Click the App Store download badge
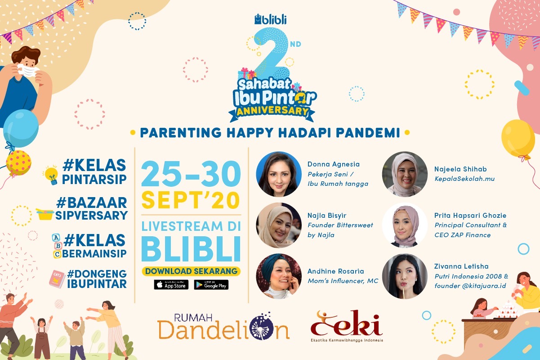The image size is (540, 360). pos(171,285)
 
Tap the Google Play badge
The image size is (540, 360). pos(211,285)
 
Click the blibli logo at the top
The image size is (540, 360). pos(271,19)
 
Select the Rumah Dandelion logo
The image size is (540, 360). pos(223,326)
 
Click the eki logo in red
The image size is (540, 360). pos(347,326)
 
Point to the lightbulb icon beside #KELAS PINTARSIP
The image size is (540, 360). pos(51,175)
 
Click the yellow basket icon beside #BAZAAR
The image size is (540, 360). pos(45,214)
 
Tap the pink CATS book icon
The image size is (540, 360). pos(57,279)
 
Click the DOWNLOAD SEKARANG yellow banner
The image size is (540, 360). pos(191,271)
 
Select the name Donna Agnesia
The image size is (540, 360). pos(334,164)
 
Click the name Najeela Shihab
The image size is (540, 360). pos(460,169)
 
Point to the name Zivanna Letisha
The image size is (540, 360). pos(461,266)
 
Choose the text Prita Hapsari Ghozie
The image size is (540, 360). pos(470,216)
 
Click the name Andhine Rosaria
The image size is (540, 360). pos(335,271)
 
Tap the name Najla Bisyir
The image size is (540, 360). pos(326,216)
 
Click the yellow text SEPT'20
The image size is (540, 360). pos(191,200)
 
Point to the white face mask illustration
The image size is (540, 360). pos(28,70)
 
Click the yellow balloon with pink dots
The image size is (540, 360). pos(18,162)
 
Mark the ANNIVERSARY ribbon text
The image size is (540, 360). pos(272,111)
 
